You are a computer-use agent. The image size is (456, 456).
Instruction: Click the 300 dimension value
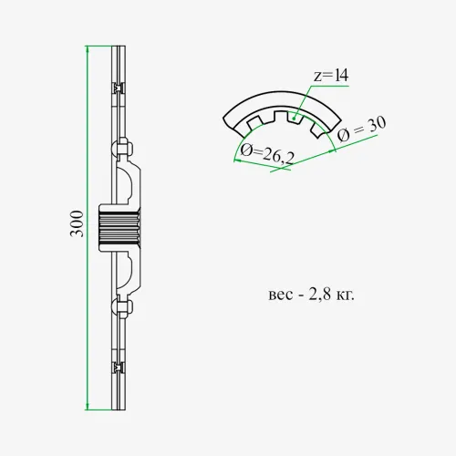77,223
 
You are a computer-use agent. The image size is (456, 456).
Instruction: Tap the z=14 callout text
331,76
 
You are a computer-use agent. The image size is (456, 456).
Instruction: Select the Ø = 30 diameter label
362,129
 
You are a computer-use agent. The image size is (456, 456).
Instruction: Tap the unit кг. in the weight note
346,295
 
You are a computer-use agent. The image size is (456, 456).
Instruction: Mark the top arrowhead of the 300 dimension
88,49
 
